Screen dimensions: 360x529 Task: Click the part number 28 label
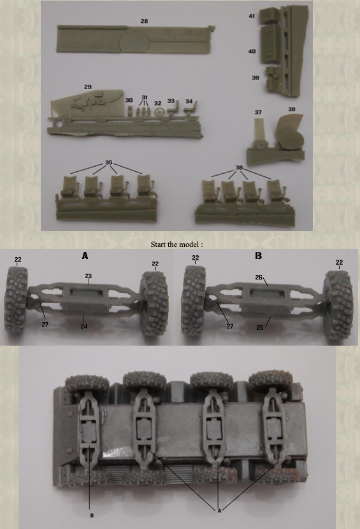[x=144, y=21]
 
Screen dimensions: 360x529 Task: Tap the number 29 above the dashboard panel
[x=88, y=87]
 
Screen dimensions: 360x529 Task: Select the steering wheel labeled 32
[x=158, y=111]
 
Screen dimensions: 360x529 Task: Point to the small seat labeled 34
[x=191, y=109]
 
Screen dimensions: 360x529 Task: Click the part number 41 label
[x=252, y=16]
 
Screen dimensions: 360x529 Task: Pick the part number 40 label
[x=252, y=52]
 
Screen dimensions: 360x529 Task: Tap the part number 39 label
[x=256, y=78]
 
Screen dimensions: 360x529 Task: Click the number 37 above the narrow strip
[x=258, y=112]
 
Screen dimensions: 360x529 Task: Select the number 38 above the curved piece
[x=291, y=109]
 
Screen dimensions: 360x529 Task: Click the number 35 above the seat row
[x=109, y=162]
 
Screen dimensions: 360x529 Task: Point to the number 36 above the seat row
[x=239, y=167]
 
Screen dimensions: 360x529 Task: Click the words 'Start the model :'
[x=177, y=244]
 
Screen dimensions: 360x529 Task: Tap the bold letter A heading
[x=85, y=256]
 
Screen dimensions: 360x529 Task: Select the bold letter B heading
[x=258, y=256]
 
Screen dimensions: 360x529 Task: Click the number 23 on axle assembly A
[x=88, y=276]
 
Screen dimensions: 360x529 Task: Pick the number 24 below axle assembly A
[x=83, y=326]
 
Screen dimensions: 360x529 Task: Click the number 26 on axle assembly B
[x=259, y=278]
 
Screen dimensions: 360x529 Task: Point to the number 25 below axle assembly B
[x=260, y=327]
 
